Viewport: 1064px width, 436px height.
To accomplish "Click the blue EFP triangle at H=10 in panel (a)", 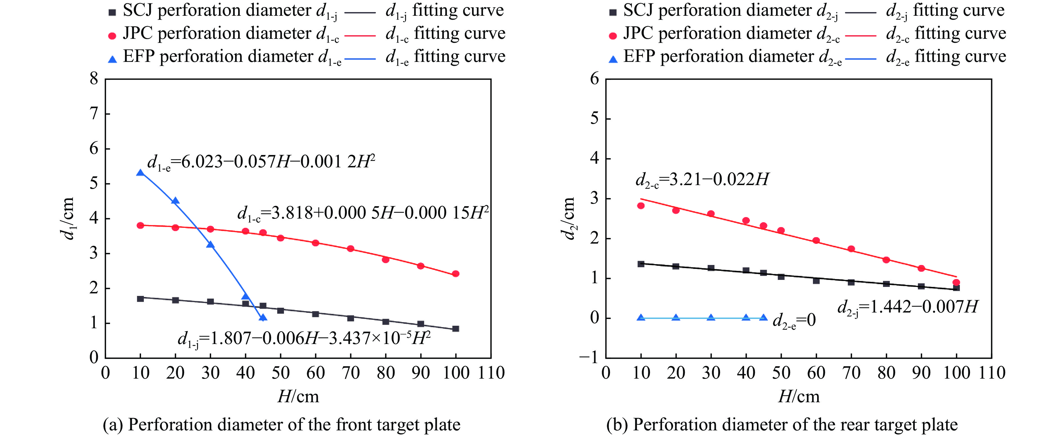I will pos(140,173).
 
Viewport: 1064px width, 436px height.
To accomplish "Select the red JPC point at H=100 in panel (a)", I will pos(456,274).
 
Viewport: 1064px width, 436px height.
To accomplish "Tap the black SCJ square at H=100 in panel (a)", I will pos(456,329).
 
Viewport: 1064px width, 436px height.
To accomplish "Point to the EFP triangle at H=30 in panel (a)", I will pos(210,244).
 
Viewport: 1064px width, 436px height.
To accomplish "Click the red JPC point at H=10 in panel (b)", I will pos(641,206).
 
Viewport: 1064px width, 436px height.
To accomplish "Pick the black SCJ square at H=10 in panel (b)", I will pos(641,264).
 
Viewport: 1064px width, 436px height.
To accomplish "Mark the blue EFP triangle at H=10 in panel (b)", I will pos(641,318).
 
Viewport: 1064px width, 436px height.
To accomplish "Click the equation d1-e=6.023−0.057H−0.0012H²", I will pos(261,162).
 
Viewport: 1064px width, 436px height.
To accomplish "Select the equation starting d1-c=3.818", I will pos(363,213).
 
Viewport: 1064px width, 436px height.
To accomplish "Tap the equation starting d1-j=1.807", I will pos(304,339).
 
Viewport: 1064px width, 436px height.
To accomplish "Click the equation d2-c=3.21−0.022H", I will pos(702,180).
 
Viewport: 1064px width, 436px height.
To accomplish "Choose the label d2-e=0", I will pos(794,320).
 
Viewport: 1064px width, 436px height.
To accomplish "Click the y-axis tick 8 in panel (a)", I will pos(94,78).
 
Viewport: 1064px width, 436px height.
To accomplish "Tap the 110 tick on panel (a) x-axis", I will pos(491,373).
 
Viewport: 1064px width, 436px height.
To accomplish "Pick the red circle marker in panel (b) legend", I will pos(613,36).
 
